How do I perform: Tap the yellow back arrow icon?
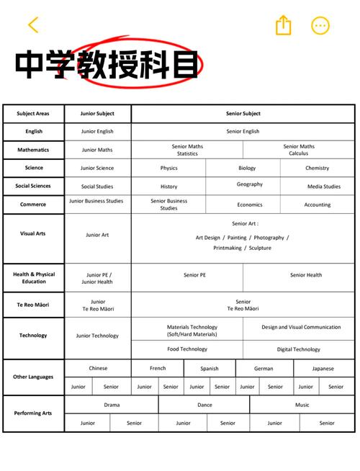(33, 25)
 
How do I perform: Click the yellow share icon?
(284, 26)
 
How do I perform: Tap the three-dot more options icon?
(320, 26)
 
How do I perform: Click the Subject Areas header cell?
(33, 114)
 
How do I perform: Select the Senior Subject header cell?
(243, 114)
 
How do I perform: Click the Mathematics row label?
(33, 150)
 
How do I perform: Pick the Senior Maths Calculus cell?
(298, 150)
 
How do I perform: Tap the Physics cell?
(168, 168)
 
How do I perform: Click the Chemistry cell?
(317, 168)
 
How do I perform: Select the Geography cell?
(249, 184)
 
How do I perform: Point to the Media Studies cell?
(323, 187)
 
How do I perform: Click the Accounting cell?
(317, 205)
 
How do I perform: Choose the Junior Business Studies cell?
(96, 201)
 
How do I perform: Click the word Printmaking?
(228, 248)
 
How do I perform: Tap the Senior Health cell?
(306, 274)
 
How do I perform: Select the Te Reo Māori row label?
(33, 305)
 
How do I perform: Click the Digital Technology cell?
(298, 349)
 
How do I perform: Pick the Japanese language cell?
(323, 368)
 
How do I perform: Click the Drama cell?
(112, 405)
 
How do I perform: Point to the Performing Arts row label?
(33, 413)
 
